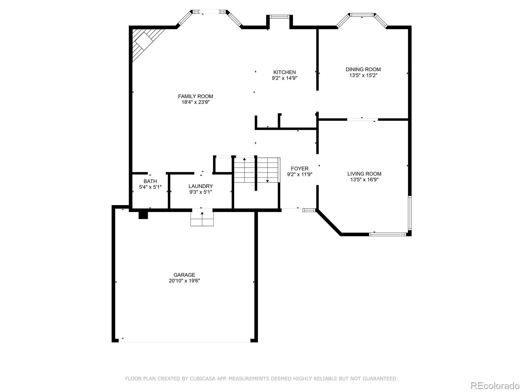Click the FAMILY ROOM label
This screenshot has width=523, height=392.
pyautogui.click(x=195, y=96)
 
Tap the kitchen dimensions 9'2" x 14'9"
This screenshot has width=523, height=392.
pyautogui.click(x=284, y=78)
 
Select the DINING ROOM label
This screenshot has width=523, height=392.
pyautogui.click(x=363, y=69)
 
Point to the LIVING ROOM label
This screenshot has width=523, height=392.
pyautogui.click(x=364, y=174)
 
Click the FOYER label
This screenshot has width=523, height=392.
pyautogui.click(x=299, y=169)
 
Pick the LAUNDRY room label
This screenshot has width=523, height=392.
pyautogui.click(x=200, y=186)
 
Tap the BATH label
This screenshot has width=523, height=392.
pyautogui.click(x=150, y=181)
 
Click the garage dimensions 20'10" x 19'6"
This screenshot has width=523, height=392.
pyautogui.click(x=184, y=281)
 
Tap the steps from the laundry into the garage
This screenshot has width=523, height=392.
pyautogui.click(x=202, y=219)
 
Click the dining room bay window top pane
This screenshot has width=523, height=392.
pyautogui.click(x=362, y=14)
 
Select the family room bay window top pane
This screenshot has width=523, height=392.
pyautogui.click(x=209, y=12)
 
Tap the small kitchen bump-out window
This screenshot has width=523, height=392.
pyautogui.click(x=279, y=16)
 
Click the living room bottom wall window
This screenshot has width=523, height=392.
pyautogui.click(x=388, y=234)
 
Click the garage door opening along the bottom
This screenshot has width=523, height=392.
pyautogui.click(x=184, y=341)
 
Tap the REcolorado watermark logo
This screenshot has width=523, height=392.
pyautogui.click(x=495, y=385)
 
